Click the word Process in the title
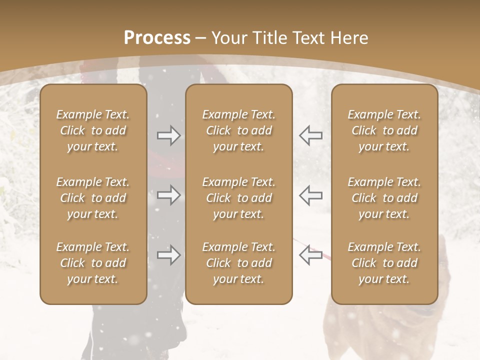coord(157,37)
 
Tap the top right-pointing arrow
coord(168,135)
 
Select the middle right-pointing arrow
coord(168,195)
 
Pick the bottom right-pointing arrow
coord(168,255)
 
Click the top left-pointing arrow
coord(310,135)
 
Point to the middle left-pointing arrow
coord(310,195)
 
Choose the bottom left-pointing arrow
coord(310,255)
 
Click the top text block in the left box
coord(93,130)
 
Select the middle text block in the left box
coord(93,198)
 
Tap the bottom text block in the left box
coord(93,263)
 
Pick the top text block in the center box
coord(238,130)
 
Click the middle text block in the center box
coord(238,198)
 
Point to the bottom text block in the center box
coord(238,263)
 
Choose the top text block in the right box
coord(384,130)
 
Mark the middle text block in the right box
coord(384,198)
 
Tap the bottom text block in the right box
coord(384,263)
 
